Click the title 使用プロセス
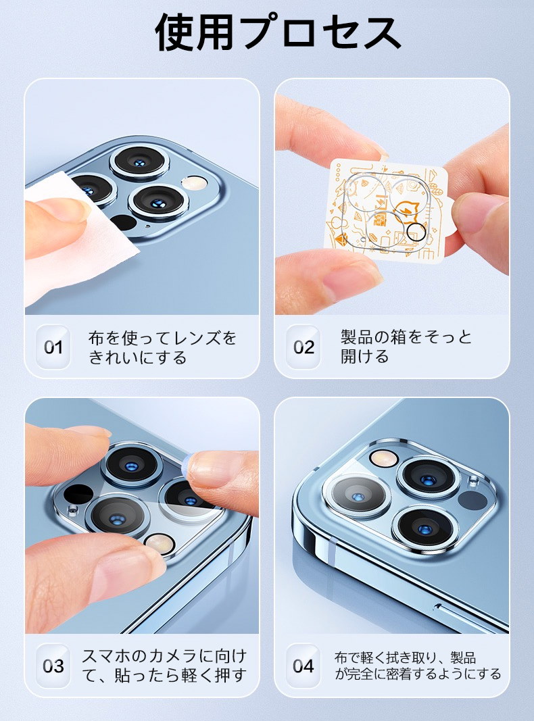pos(278,32)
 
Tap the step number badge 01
pos(53,347)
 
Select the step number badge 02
pos(304,347)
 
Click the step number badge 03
pos(53,666)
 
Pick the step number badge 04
pos(304,666)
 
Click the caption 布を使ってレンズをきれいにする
pos(162,347)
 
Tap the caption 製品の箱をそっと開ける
pos(406,346)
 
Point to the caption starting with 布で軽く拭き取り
pos(417,666)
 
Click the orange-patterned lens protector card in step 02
pos(391,210)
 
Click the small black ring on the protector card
pos(416,232)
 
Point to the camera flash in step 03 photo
pos(160,543)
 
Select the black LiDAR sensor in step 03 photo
pos(78,495)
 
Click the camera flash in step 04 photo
pos(384,457)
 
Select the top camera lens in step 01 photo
pos(140,162)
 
